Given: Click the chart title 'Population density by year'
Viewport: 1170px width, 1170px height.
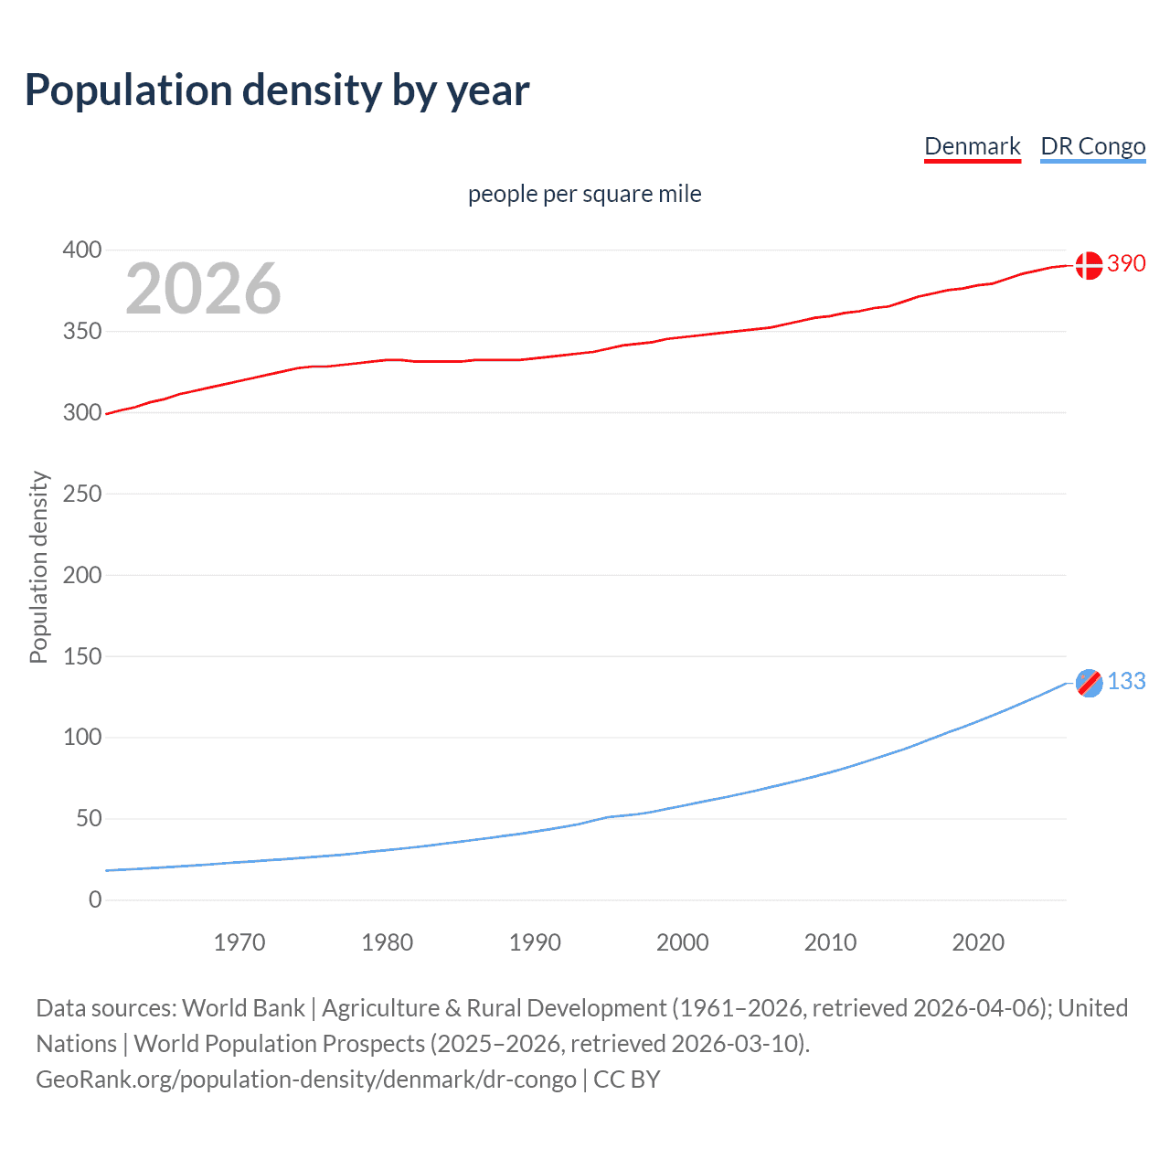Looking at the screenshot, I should tap(277, 90).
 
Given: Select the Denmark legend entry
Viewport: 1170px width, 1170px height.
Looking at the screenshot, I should tap(972, 146).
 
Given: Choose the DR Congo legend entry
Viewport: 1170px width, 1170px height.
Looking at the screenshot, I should tap(1092, 146).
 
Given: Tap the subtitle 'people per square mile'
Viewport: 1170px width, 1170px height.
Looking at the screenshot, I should tap(584, 195).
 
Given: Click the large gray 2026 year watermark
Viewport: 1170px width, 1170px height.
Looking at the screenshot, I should tap(203, 289).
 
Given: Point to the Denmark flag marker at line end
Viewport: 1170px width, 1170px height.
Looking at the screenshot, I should tap(1088, 265).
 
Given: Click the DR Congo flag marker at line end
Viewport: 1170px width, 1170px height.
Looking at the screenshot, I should tap(1089, 683).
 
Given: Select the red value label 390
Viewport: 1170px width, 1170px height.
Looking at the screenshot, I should tap(1126, 264).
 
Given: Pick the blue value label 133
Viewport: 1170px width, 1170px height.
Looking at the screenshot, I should tap(1126, 682).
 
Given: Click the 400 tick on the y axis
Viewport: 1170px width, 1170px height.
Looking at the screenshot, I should tap(82, 250).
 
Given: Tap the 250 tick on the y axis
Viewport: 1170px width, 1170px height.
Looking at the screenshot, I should tap(82, 494).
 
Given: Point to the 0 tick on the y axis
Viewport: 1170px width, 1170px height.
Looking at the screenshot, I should tap(95, 900).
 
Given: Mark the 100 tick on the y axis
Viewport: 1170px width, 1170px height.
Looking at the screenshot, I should tap(82, 738).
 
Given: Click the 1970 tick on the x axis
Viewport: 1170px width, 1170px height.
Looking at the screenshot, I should tap(239, 942).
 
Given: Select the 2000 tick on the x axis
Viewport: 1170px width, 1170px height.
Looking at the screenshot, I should tap(683, 942).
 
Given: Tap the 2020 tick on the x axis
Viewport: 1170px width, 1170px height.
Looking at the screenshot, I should tap(978, 942).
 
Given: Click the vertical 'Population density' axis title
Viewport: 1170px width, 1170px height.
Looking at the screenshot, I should tap(38, 567).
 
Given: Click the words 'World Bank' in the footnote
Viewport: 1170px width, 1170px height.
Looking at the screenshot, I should tap(243, 1008).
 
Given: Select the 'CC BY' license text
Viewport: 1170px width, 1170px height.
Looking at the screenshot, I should tap(627, 1080).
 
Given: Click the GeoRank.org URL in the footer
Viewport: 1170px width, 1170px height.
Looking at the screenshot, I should tap(306, 1080).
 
